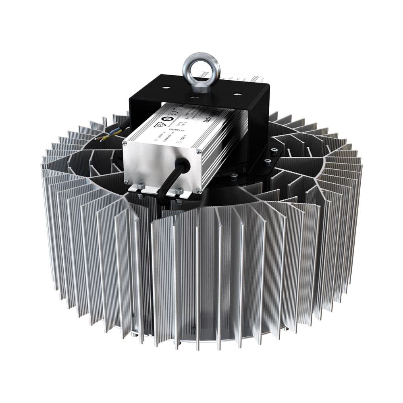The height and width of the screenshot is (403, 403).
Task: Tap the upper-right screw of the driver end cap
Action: coord(199,152)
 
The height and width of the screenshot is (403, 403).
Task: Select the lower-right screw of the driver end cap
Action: coord(198,191)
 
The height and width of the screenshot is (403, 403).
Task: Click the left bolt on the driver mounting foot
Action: coord(141,186)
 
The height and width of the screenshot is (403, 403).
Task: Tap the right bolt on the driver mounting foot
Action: coord(179,191)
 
